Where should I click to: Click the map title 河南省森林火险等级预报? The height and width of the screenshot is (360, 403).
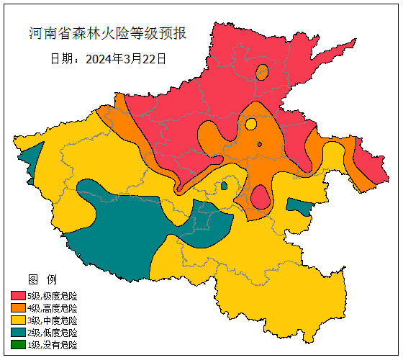[107, 33]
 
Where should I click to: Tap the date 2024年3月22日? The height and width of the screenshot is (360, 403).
[126, 59]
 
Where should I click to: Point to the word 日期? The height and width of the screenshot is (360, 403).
[63, 59]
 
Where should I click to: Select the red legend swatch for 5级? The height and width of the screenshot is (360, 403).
[18, 296]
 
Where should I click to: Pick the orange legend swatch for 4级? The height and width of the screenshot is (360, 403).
[18, 308]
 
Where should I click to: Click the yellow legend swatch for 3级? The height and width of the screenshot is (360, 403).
[18, 320]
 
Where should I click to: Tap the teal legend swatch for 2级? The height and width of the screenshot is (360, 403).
[18, 333]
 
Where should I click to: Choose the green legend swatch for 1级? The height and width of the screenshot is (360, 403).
[18, 345]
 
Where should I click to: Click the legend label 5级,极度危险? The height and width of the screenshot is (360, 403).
[52, 296]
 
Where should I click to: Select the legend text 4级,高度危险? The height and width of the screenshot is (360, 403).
[52, 308]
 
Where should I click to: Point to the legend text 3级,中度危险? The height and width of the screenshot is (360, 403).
[52, 320]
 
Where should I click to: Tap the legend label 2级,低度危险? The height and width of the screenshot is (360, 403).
[52, 333]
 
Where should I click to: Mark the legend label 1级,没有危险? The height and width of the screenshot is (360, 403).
[52, 345]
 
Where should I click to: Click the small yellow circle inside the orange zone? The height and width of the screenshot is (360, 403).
[250, 124]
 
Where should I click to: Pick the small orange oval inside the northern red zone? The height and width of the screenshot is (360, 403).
[261, 72]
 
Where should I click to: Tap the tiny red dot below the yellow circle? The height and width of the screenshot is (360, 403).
[259, 144]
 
